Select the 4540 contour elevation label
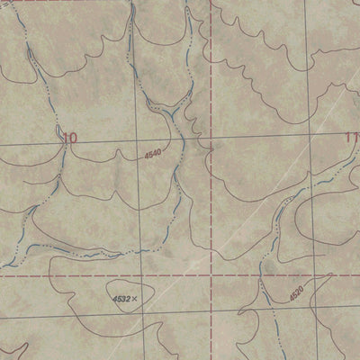(152, 156)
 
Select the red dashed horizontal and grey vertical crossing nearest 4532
(139, 275)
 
